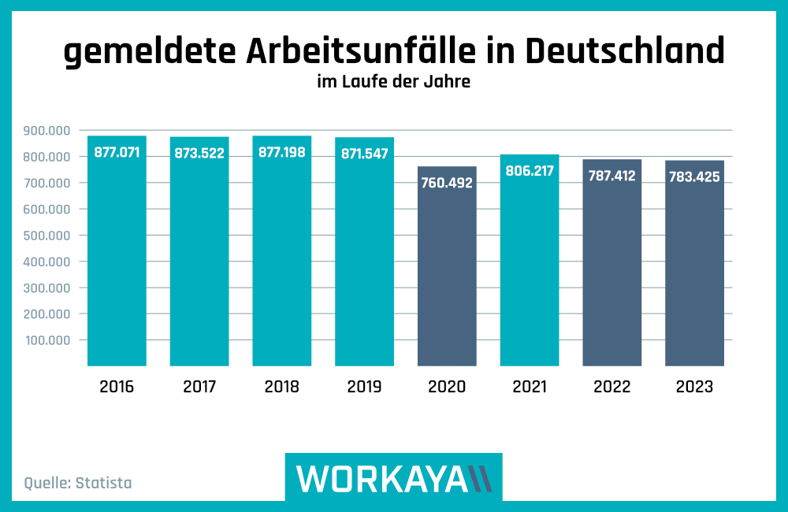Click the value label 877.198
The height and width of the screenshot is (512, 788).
click(x=282, y=152)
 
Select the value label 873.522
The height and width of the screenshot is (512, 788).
click(x=199, y=153)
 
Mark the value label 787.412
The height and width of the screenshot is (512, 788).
click(x=611, y=176)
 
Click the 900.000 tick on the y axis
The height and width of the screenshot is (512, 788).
click(x=48, y=131)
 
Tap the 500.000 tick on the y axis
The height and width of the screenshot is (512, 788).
click(x=48, y=236)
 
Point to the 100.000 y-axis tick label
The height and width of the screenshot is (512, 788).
click(x=48, y=340)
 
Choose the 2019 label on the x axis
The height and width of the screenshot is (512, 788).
click(x=364, y=387)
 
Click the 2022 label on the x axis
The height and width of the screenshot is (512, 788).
click(x=611, y=387)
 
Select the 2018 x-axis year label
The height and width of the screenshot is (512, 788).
click(x=282, y=387)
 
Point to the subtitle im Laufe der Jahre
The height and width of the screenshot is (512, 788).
click(x=393, y=81)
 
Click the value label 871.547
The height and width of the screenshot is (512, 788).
click(x=364, y=154)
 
